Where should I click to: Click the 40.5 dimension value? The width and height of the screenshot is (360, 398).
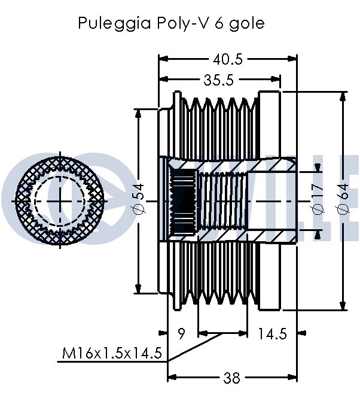click(x=228, y=60)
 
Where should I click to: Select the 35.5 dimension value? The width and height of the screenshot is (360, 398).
click(x=218, y=80)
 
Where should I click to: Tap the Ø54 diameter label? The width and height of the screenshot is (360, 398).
click(x=139, y=200)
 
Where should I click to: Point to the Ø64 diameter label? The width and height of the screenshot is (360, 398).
click(x=343, y=200)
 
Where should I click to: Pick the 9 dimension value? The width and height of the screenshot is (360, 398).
click(x=182, y=333)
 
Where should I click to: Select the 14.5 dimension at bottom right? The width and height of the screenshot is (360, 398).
click(x=272, y=333)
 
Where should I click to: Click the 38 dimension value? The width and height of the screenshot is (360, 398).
click(x=231, y=378)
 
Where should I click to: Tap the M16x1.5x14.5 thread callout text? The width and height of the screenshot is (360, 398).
click(x=112, y=353)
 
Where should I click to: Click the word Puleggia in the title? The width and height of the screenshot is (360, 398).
click(x=114, y=23)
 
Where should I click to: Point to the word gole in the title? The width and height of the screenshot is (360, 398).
click(x=247, y=23)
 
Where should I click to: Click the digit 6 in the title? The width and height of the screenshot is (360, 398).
click(x=219, y=23)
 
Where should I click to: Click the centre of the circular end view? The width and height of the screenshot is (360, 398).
click(x=60, y=200)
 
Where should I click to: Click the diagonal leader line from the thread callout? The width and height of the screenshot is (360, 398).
click(x=195, y=347)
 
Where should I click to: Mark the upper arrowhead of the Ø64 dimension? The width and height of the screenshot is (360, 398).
click(x=343, y=97)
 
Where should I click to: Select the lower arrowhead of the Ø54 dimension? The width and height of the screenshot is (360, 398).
click(x=138, y=288)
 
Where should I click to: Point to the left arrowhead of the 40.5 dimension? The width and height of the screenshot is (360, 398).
click(x=163, y=59)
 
